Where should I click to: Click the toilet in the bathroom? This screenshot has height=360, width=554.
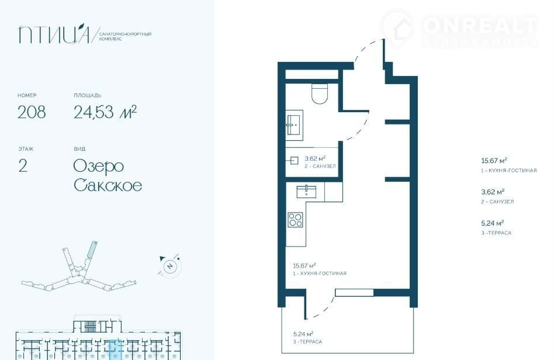(x=320, y=94)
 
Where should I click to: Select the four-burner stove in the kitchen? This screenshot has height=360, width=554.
(x=295, y=219)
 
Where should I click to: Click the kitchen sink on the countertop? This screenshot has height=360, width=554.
(x=307, y=192)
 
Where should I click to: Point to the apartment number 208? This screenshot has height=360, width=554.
(x=32, y=112)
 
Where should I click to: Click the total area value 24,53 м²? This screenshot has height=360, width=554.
(x=105, y=112)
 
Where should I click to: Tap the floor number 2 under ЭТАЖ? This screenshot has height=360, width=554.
(x=23, y=166)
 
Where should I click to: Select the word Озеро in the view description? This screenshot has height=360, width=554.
(x=99, y=167)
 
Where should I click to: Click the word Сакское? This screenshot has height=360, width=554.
(x=108, y=185)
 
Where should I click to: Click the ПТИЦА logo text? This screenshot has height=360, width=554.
(x=54, y=34)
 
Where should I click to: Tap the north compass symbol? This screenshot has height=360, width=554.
(x=170, y=266)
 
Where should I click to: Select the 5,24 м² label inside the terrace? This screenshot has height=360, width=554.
(x=303, y=334)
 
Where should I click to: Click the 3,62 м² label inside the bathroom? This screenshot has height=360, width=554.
(x=315, y=158)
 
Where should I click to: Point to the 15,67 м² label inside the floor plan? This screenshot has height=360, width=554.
(x=304, y=266)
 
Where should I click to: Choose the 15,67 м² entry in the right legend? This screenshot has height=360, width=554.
(x=494, y=161)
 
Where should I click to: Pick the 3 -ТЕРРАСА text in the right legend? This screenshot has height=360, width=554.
(x=496, y=233)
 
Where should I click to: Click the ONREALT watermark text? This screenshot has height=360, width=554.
(x=480, y=26)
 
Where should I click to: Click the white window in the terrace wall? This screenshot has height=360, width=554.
(x=354, y=293)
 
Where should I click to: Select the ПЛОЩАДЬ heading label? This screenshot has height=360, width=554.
(x=88, y=95)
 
